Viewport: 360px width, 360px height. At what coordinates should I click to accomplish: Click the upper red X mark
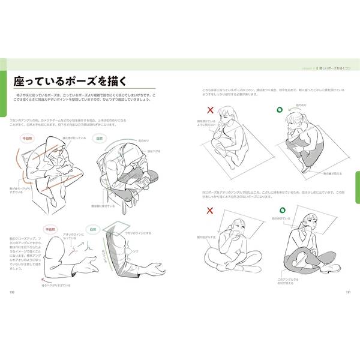(210, 110)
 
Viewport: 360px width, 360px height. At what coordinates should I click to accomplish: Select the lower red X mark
(210, 211)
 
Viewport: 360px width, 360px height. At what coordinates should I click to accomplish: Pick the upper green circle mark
(279, 110)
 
